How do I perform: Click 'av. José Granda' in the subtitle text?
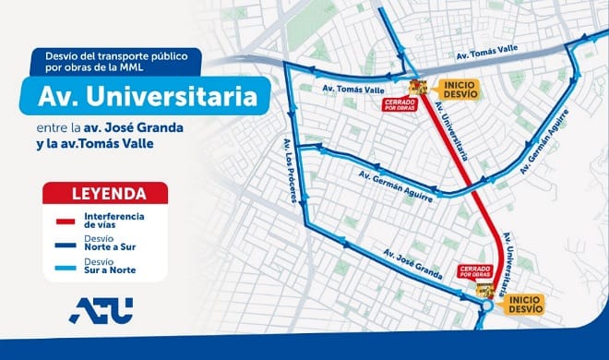tap(163, 129)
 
